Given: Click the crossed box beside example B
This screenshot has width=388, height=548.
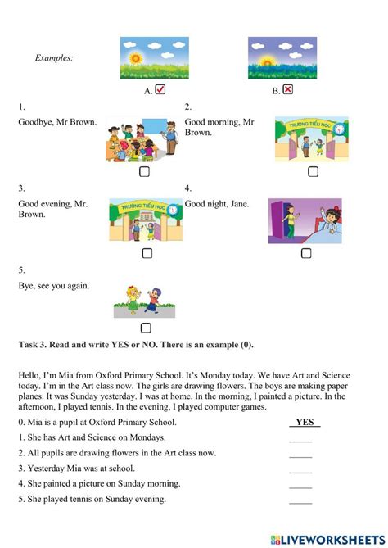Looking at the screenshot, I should tap(287, 90).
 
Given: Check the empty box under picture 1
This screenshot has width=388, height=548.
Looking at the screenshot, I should tap(144, 172).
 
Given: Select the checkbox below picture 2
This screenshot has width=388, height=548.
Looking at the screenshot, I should tap(313, 172).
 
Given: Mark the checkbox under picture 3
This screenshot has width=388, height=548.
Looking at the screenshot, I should tap(147, 253).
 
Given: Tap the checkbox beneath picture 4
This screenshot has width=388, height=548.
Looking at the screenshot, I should tap(306, 253).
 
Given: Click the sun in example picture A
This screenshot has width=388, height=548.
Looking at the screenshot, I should tap(135, 61).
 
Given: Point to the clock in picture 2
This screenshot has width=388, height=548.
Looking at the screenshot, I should tap(339, 129).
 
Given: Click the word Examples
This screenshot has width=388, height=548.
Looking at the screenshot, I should tap(55, 57).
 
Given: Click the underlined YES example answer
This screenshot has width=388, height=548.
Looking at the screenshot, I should tap(305, 422).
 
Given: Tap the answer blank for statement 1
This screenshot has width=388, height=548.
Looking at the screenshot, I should tap(300, 438).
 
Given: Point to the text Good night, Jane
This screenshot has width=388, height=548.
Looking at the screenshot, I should tap(217, 204).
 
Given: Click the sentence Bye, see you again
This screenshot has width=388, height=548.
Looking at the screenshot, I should tap(54, 286).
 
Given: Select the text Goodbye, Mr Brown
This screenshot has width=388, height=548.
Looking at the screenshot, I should tap(57, 122).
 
